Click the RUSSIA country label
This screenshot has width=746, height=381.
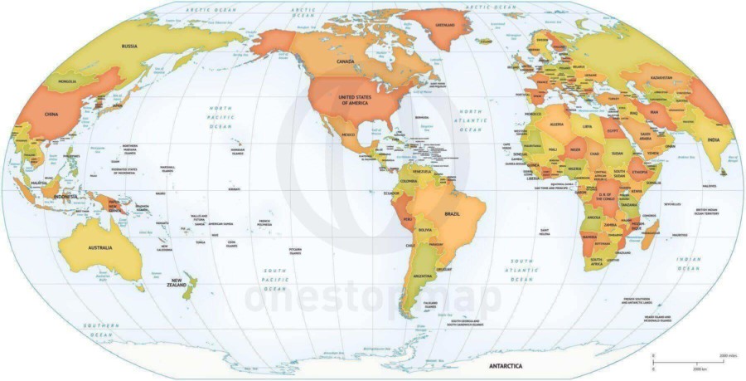pos(128,46)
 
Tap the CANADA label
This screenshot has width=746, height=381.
pos(345,62)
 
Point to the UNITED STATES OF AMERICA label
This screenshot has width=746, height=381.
pos(354,99)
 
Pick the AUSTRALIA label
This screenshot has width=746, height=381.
pos(94,247)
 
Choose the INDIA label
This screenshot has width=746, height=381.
pos(712,140)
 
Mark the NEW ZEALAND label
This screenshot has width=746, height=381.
pos(176,282)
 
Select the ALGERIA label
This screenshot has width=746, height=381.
pos(557,124)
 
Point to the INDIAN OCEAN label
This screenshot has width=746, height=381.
pos(688,263)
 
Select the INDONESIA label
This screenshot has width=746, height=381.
pos(64,197)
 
